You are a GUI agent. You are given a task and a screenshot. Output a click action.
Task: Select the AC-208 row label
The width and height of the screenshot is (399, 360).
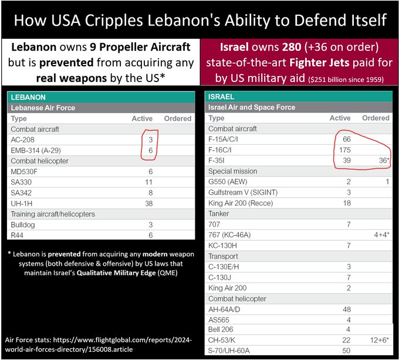pyautogui.click(x=24, y=140)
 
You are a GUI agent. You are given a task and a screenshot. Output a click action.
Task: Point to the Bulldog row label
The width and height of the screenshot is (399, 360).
pyautogui.click(x=23, y=225)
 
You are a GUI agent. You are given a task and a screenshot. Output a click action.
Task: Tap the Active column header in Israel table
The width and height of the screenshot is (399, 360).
pyautogui.click(x=340, y=118)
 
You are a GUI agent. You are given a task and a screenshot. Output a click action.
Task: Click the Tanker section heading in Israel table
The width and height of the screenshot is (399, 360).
pyautogui.click(x=220, y=213)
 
